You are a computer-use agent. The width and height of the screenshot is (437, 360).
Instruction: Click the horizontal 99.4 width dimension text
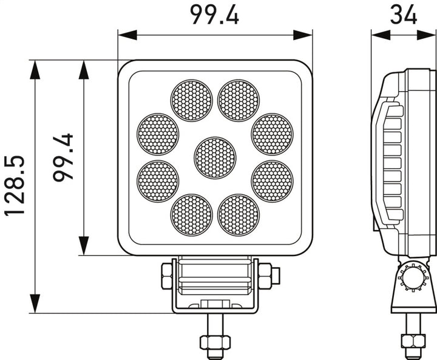(214, 14)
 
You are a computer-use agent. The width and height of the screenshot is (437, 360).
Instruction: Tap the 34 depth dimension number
(404, 14)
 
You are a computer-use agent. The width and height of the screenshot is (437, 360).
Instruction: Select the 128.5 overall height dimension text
(15, 185)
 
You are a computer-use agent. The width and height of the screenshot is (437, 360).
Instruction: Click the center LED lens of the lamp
(215, 158)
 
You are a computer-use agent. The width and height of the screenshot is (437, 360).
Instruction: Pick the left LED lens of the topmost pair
(191, 101)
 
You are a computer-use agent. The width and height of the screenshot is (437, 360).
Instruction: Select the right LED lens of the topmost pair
(239, 101)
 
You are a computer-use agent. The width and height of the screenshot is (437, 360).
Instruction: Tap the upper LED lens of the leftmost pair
(158, 134)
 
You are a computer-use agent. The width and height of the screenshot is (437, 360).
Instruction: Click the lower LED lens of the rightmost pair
(272, 182)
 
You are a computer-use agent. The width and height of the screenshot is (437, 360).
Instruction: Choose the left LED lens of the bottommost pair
(191, 215)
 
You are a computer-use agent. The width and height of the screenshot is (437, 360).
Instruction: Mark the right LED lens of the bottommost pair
(239, 215)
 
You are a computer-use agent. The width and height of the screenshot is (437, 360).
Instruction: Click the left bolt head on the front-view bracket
(167, 276)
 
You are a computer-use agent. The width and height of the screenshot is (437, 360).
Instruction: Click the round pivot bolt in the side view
(413, 279)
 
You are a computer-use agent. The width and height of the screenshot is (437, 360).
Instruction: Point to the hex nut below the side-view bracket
(413, 341)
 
